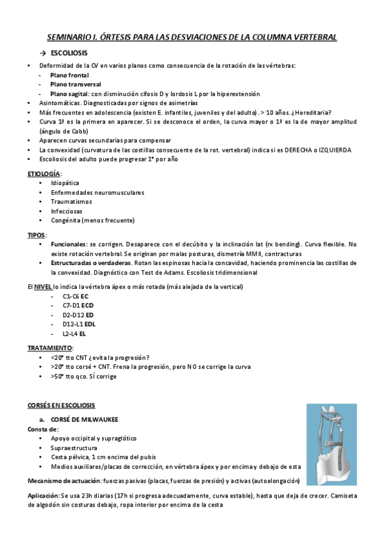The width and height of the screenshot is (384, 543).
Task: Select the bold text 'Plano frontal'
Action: point(69,75)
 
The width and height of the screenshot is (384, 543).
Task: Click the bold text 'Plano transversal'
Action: point(75,84)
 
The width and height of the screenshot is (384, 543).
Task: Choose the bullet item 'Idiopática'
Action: point(65,183)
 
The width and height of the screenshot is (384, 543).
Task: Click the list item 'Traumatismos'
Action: point(70,201)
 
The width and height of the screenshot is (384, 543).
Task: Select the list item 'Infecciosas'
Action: point(67,211)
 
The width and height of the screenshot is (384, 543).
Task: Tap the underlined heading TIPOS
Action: point(36,235)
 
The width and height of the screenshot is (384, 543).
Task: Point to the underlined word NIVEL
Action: point(42,287)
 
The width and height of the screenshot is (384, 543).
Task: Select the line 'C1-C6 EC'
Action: point(76,296)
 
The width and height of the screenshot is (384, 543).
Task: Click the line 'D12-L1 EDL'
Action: point(79,324)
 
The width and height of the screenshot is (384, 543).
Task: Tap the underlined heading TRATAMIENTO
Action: point(49,348)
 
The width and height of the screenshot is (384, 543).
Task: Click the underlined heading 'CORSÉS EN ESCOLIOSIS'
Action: point(61,405)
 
